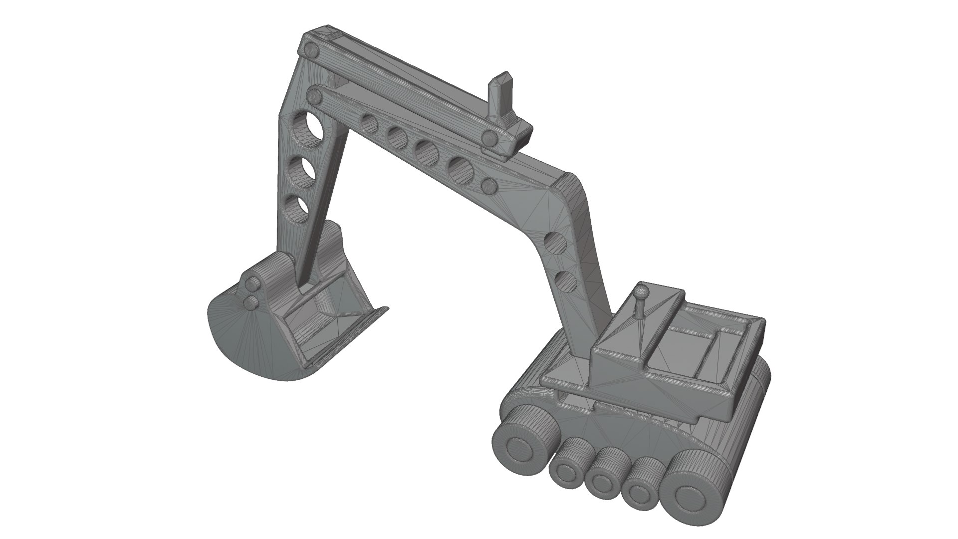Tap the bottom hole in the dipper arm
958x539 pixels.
click(x=298, y=209)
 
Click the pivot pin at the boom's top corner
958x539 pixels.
click(x=312, y=50)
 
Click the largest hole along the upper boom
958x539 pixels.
click(x=461, y=170)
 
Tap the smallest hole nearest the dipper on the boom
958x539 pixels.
click(x=370, y=123)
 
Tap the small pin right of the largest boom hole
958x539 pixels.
click(x=488, y=186)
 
